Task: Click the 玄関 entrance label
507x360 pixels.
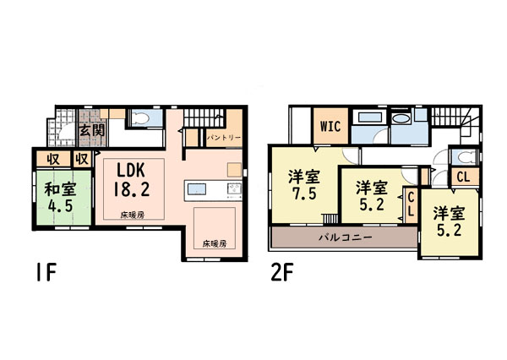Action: pos(92,130)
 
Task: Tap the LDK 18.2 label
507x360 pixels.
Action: pos(131,180)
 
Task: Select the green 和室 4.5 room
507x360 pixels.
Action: pos(63,197)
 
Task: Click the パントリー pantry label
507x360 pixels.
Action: pos(224,138)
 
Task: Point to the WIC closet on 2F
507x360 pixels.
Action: pos(330,126)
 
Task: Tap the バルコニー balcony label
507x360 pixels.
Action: pos(346,237)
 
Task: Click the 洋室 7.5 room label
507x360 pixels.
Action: pos(303,185)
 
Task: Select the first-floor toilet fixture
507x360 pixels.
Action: pos(140,118)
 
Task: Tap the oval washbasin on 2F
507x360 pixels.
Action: pos(401,118)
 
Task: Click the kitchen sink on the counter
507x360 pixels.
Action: pos(197,189)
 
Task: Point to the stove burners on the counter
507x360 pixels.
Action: pos(234,188)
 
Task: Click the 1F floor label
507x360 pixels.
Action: pos(46,272)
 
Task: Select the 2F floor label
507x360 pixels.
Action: pos(282,272)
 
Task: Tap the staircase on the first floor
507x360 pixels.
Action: pos(204,118)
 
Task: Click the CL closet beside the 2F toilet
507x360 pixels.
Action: pos(465,177)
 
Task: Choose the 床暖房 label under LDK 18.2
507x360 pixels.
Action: pos(133,215)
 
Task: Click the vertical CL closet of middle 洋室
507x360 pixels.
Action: pos(411,205)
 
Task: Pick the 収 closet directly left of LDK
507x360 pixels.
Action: pos(82,159)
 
